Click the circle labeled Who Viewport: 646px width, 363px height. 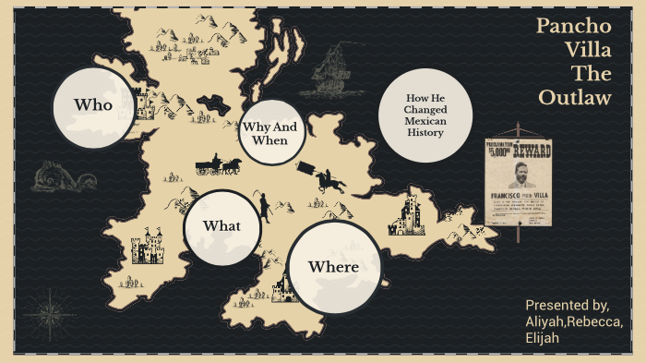pos(94,104)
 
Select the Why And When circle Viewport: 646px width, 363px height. pos(272,133)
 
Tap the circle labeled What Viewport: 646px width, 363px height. pos(221,226)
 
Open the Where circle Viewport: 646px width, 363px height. pos(333,267)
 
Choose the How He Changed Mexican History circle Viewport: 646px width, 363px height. pos(425,115)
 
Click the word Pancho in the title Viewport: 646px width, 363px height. pos(574,27)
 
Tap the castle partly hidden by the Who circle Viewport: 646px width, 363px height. pos(142,98)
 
